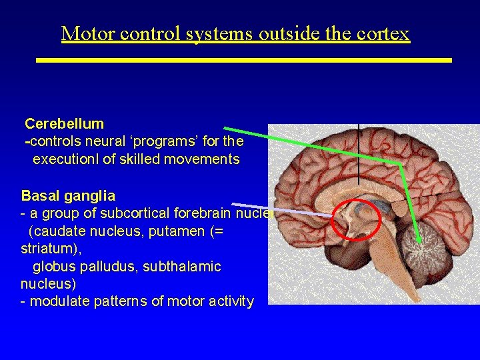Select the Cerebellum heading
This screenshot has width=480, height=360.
point(64,123)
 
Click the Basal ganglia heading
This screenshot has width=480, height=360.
point(68,196)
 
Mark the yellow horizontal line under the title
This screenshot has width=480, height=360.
point(243,60)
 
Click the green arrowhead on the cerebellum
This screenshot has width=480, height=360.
point(419,239)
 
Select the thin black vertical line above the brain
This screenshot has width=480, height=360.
point(359,153)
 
